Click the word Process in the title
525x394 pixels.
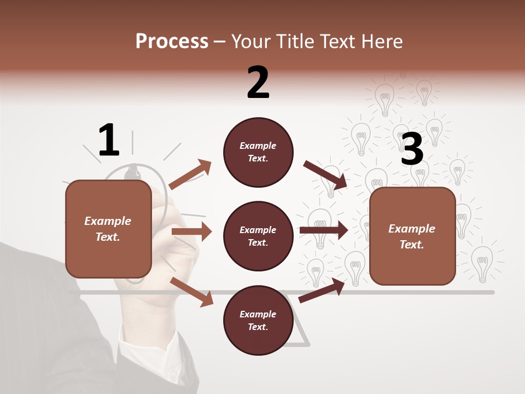(172, 42)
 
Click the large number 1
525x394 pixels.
(109, 140)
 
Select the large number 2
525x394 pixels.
(258, 83)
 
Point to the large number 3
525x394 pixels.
(412, 149)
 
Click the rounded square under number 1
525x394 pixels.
(108, 229)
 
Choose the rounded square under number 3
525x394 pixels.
(412, 236)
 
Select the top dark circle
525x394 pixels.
(258, 152)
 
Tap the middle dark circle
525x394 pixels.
(258, 236)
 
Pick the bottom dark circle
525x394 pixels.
(258, 320)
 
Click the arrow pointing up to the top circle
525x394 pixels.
(190, 174)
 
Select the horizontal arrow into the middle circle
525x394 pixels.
(191, 231)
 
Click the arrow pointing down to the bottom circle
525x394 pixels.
(192, 292)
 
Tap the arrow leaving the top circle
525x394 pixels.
(325, 175)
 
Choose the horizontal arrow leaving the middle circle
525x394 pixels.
(323, 230)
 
